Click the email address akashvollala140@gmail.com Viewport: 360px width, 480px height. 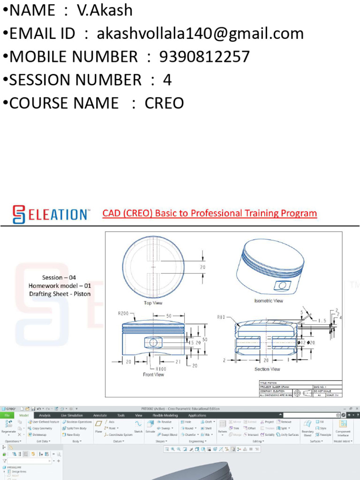[x=200, y=33]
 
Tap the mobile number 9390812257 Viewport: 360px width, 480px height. [x=205, y=57]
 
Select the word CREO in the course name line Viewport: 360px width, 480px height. [x=164, y=103]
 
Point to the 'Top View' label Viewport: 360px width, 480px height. [x=153, y=303]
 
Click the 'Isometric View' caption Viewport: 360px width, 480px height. [x=268, y=300]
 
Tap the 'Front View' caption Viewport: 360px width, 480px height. [x=153, y=375]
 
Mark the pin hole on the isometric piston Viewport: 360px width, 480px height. [x=282, y=285]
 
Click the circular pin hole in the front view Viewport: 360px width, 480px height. [x=153, y=343]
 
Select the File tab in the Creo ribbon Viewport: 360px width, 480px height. [x=7, y=415]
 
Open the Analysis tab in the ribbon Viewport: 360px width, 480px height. [x=45, y=415]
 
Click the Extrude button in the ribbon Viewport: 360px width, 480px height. [x=150, y=427]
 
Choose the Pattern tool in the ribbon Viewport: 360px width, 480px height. [x=222, y=427]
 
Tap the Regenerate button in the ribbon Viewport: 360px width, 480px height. [x=8, y=427]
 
